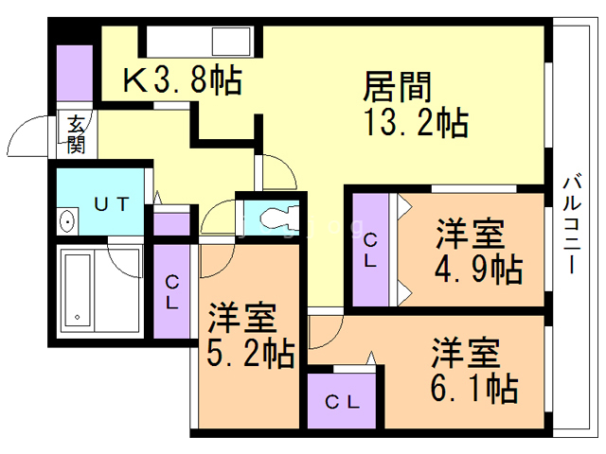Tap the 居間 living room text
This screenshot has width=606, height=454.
pos(398,87)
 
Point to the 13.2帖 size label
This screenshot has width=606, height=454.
pos(417,123)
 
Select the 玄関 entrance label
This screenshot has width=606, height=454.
pos(76,134)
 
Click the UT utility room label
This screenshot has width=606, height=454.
pos(112,204)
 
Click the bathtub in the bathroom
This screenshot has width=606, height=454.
pos(78,290)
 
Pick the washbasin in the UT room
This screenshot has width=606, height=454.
pos(67,222)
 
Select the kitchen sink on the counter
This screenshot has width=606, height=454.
pos(231,42)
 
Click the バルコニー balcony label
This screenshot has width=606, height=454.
pos(572,225)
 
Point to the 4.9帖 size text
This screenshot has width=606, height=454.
pos(479,269)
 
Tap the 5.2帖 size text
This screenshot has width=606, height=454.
pos(251,353)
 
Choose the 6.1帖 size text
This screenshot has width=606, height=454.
pos(474,387)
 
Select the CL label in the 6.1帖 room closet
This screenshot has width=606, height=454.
pos(343,403)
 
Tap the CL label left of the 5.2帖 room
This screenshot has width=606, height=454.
pos(172,292)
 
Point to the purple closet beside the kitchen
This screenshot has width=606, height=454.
pos(75,74)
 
